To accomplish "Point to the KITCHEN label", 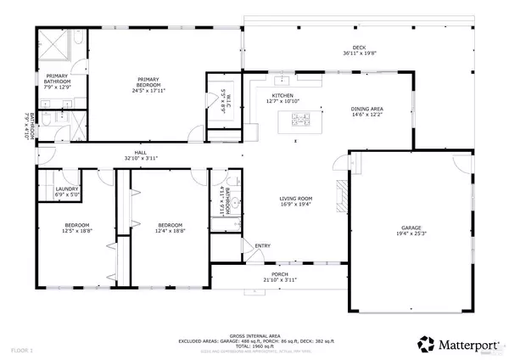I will pos(282,95).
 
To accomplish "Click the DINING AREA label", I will pos(367,109).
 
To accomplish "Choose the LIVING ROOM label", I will pos(297,198).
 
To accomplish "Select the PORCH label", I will pos(281,275).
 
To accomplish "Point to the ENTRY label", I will pos(261,247).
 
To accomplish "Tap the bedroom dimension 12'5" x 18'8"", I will pos(77,231).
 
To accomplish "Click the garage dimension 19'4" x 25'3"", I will pos(411,234).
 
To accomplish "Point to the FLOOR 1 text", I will pos(22,350).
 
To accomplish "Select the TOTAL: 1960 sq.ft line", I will pos(255,346).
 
